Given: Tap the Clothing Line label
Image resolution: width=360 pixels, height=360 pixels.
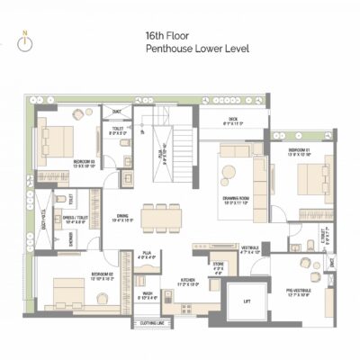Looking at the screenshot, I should tap(150, 322).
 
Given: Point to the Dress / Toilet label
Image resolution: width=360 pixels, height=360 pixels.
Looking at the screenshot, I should tap(74, 217).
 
